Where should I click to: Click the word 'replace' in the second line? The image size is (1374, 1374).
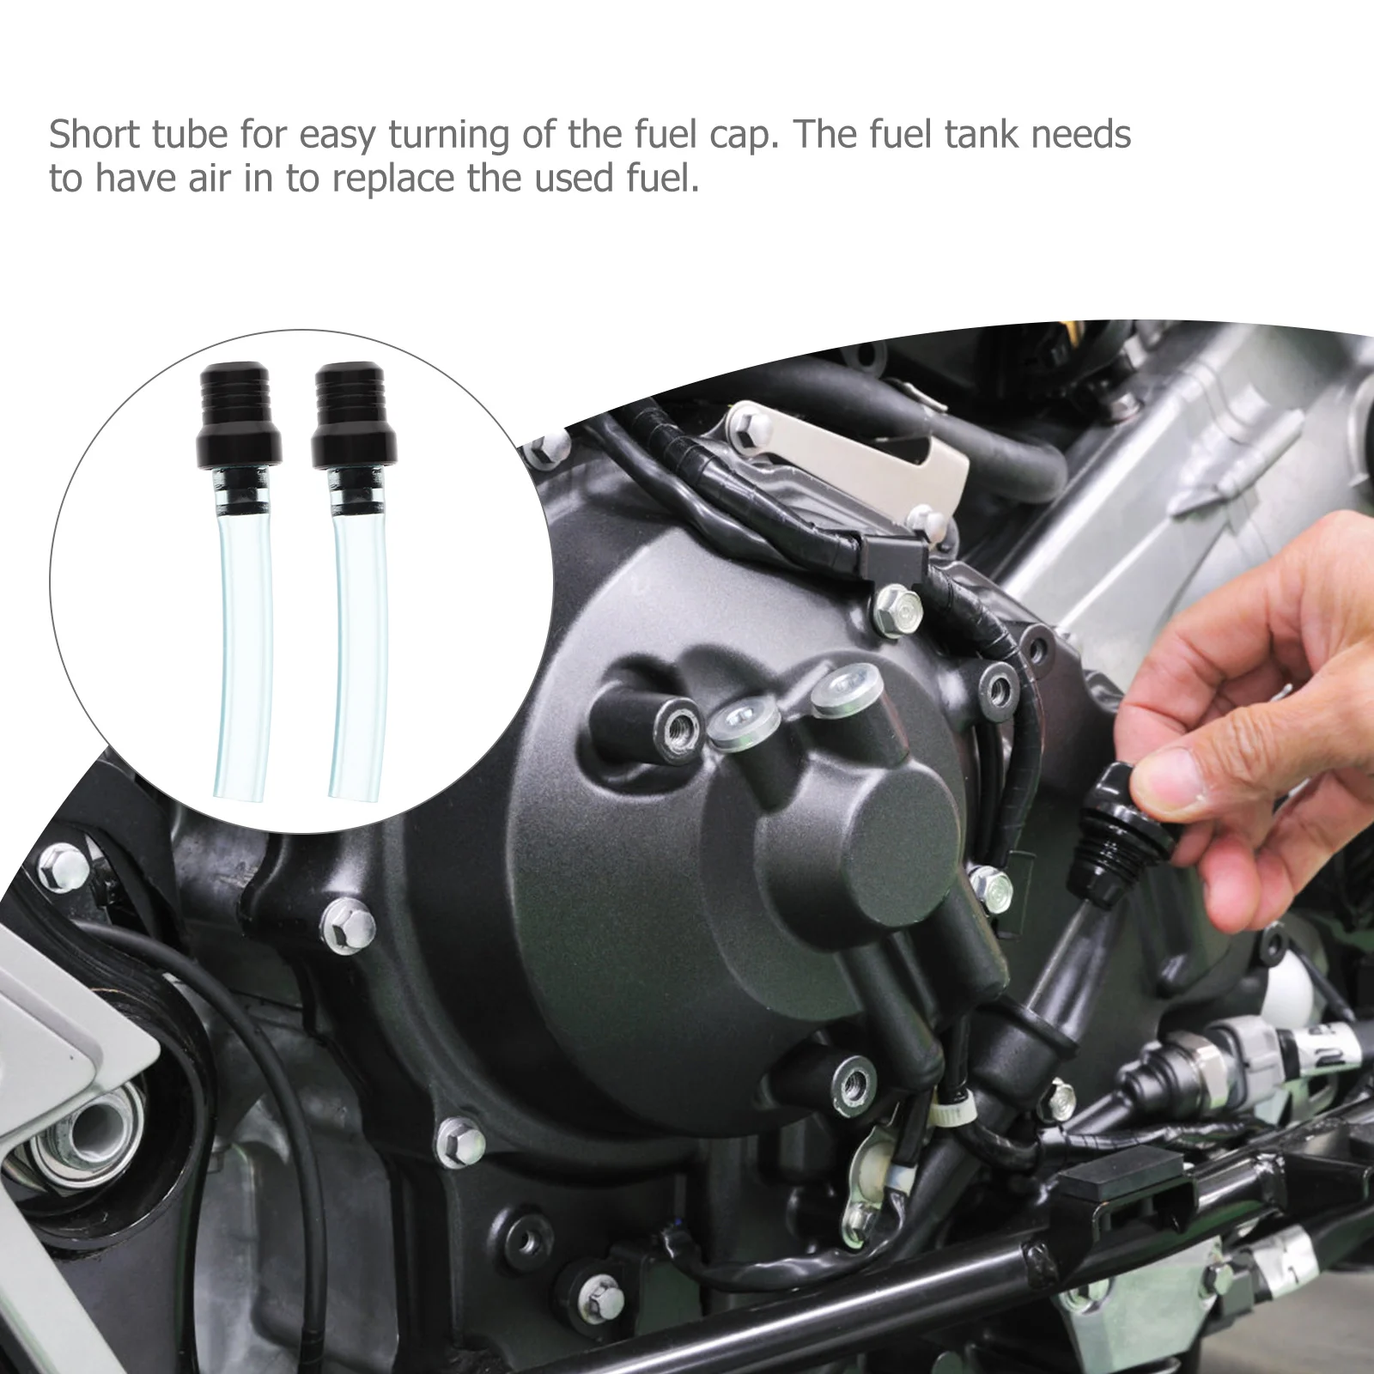tap(396, 179)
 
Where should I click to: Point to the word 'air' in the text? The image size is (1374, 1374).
tap(233, 179)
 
